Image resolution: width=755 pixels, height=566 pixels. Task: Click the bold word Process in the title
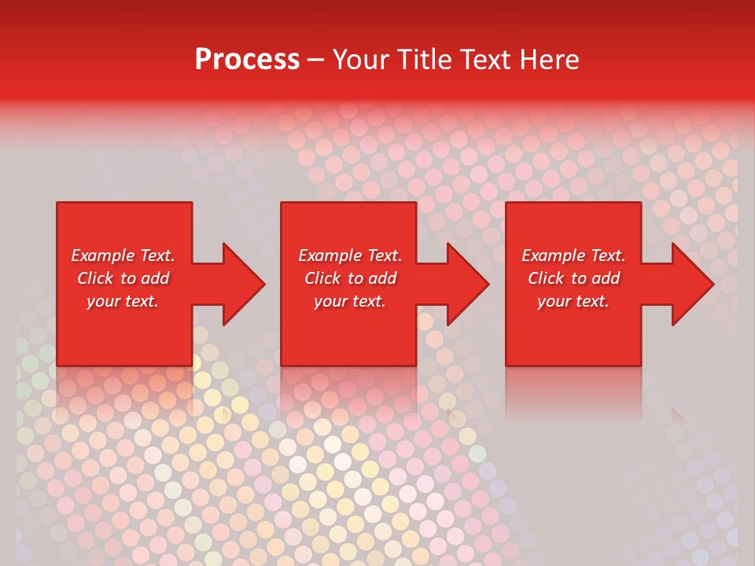pos(247,60)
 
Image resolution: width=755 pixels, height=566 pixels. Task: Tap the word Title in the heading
pos(425,60)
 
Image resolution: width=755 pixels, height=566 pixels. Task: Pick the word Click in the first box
pos(95,278)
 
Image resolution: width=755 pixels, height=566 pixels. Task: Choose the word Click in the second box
pos(322,278)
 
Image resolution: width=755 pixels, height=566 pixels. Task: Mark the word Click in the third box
pos(546,278)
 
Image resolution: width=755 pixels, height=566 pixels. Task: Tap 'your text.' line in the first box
pos(123,301)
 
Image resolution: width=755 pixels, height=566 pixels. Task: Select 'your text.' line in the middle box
pos(349,301)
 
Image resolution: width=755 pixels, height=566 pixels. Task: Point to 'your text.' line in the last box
pos(573,301)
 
